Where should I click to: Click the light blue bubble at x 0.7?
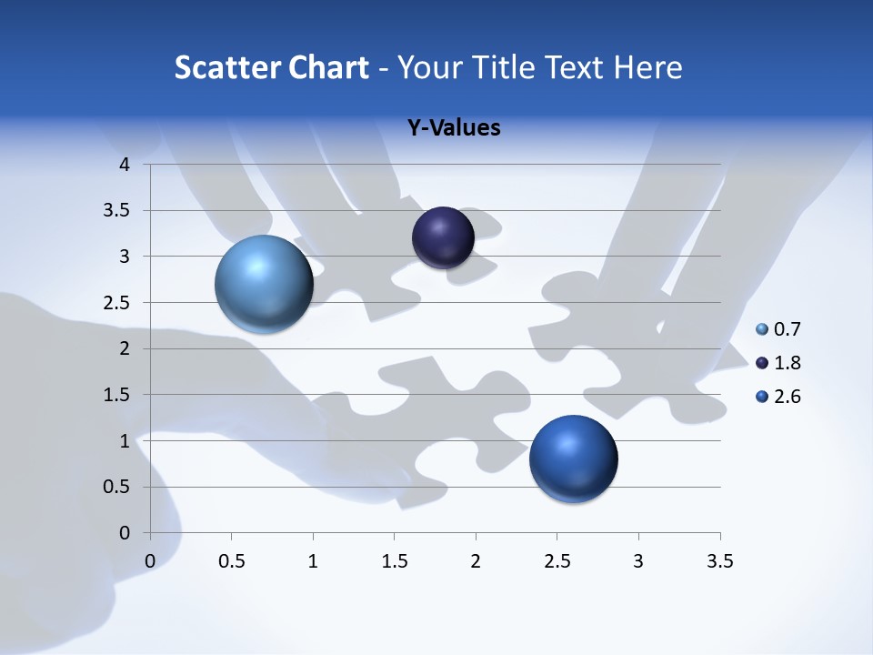click(264, 284)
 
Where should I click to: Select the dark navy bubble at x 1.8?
click(443, 237)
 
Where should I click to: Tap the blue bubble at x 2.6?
click(573, 458)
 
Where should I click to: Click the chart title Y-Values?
click(454, 128)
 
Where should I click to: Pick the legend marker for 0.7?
click(762, 329)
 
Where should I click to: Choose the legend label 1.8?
click(787, 363)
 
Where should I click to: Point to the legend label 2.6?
click(787, 397)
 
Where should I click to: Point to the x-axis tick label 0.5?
click(231, 561)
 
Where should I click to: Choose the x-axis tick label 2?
click(476, 561)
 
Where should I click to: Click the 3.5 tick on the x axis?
click(719, 561)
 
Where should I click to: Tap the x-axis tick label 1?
click(313, 561)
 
